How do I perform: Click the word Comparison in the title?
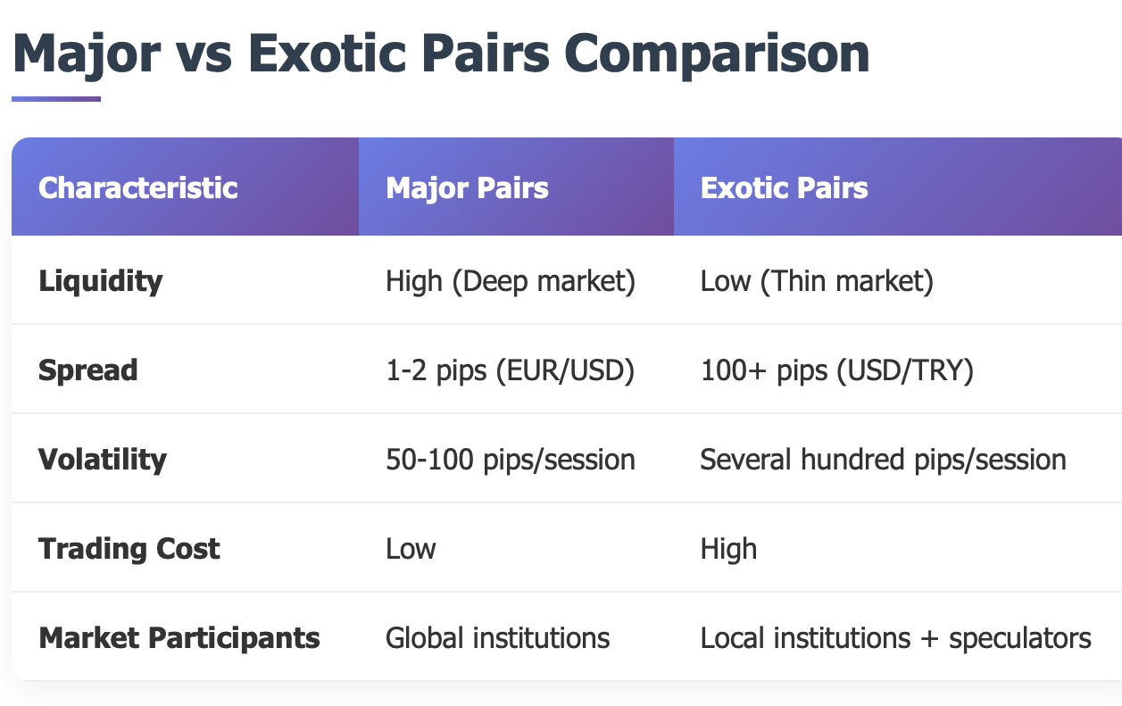coord(717,55)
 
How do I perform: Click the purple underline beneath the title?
coord(56,99)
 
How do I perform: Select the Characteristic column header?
coord(137,187)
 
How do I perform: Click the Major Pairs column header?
coord(467,188)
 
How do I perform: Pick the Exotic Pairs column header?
coord(784,187)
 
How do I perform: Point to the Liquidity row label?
coord(101,281)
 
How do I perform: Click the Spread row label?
coord(88,370)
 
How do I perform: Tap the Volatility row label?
coord(103,460)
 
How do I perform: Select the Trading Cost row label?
coord(129,549)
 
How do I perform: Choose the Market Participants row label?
coord(179,638)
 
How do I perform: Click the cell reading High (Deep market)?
coord(511,281)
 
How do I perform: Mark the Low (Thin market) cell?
coord(817,281)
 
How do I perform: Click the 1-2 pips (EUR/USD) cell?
coord(510,371)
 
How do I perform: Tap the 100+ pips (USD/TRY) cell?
coord(837,371)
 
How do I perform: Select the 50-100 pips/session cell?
coord(511,460)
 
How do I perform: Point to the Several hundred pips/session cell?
coord(883,460)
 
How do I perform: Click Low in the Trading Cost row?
coord(411,549)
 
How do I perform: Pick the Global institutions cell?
coord(497,638)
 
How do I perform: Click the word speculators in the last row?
coord(1020,639)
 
